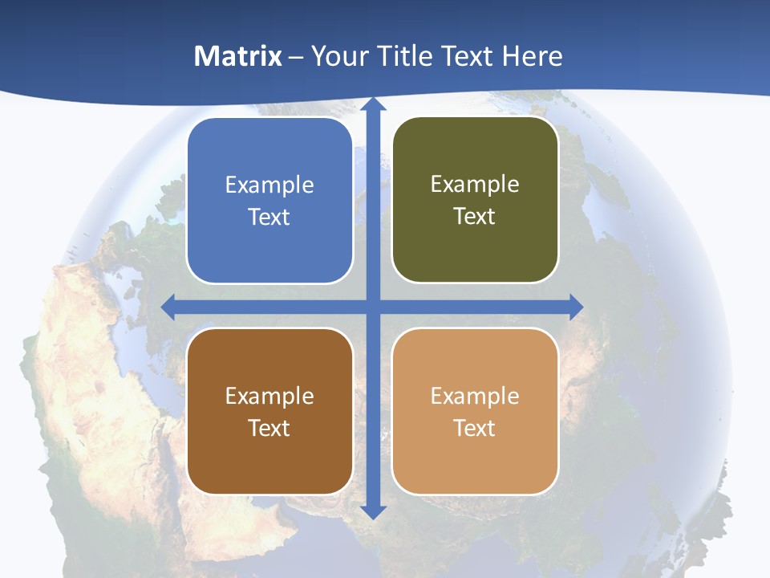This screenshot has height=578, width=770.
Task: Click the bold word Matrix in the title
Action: [x=238, y=56]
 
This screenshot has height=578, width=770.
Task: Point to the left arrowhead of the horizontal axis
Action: [x=169, y=307]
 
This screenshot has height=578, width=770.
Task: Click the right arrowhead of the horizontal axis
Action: [x=576, y=307]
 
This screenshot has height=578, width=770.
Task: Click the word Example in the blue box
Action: [x=269, y=185]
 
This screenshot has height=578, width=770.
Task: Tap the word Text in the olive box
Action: [x=475, y=217]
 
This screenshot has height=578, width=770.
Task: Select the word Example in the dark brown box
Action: [x=269, y=396]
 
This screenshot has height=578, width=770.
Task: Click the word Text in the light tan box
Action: [x=475, y=428]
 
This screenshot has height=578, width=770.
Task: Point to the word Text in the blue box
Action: [x=269, y=218]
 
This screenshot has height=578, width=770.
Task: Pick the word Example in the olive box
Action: [x=475, y=185]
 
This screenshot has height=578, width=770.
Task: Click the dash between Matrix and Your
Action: [x=296, y=57]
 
